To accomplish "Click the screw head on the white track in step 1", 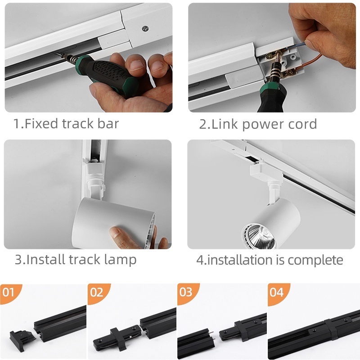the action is pos(145,28).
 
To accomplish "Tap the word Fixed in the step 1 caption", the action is pos(41,123).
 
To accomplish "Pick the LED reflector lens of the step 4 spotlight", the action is pos(261,237).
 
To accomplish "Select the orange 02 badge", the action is pos(98,293).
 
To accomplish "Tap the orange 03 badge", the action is pos(187,292).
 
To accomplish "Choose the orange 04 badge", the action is pos(277,293).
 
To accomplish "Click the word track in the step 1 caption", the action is pos(77,123).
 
